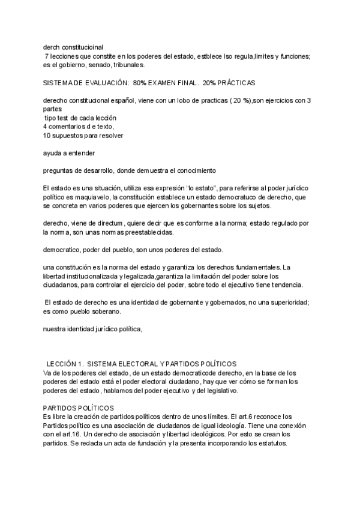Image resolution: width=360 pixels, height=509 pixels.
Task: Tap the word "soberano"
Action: (x=104, y=312)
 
